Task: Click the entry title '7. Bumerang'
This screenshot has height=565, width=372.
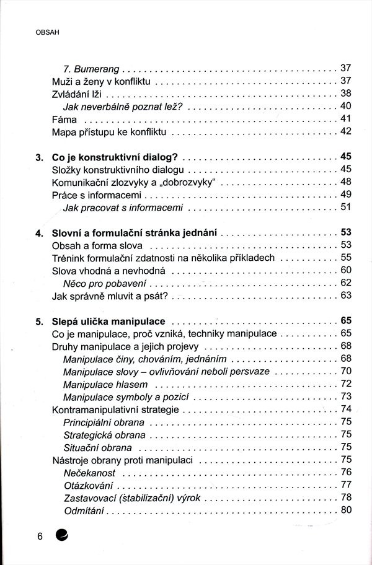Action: [92, 68]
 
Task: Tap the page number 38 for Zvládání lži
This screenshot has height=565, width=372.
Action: [346, 93]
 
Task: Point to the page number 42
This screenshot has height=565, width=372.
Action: [346, 131]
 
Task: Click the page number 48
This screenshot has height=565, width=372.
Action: [346, 182]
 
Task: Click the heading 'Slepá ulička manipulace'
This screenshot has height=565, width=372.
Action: [108, 322]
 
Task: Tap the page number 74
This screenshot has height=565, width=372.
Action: [346, 410]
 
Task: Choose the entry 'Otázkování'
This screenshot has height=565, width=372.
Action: [89, 485]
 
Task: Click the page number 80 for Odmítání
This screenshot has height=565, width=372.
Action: [346, 510]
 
